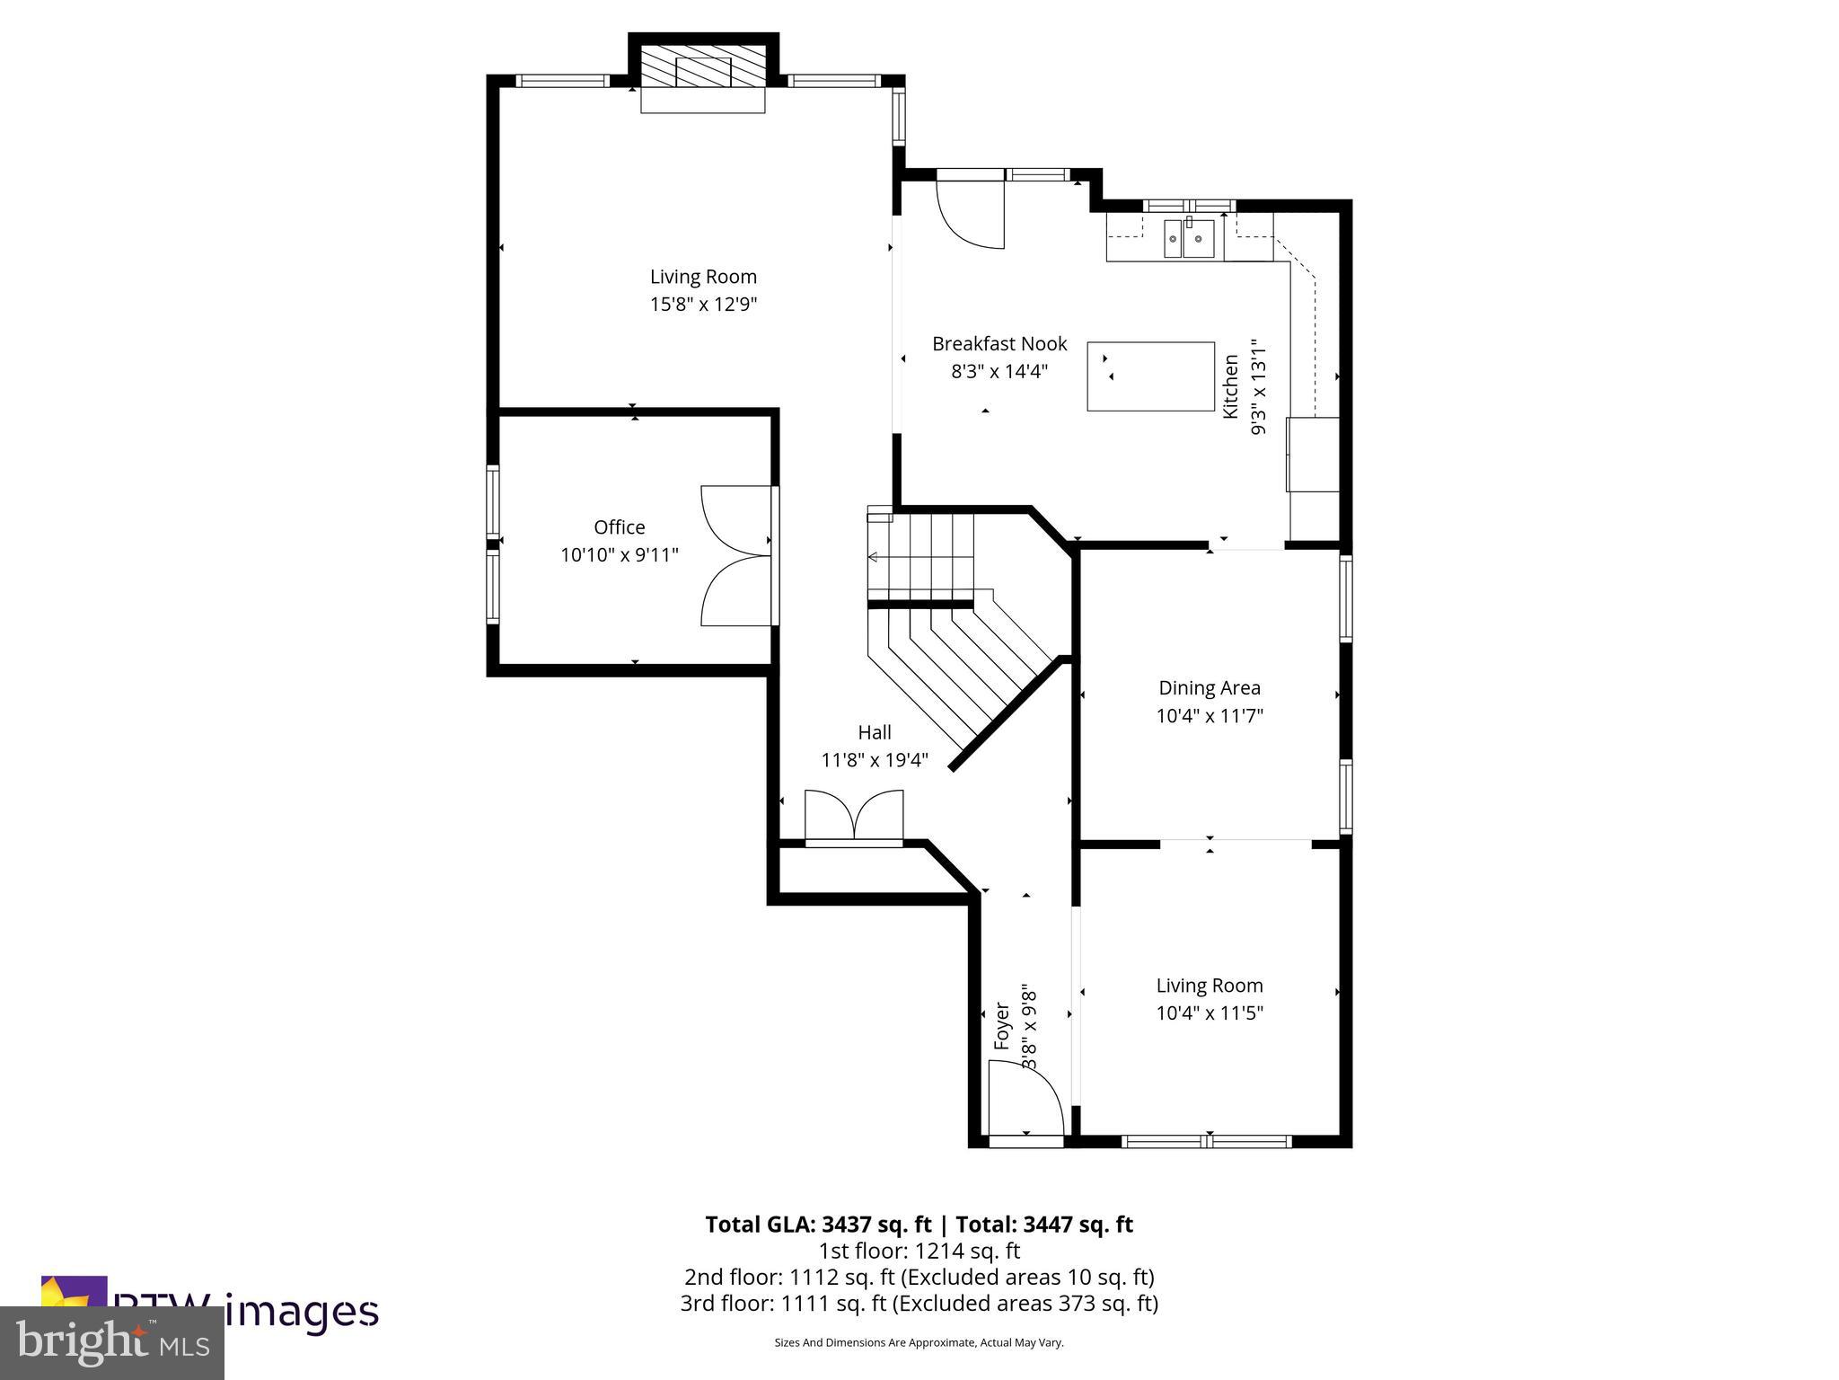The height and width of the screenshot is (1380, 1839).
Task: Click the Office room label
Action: pos(619,527)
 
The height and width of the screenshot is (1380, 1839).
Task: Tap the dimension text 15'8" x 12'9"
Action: pos(703,305)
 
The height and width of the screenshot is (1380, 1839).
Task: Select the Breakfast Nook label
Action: pos(999,343)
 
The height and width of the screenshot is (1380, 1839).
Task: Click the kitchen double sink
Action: pos(1188,239)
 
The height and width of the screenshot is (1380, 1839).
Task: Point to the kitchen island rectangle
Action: pos(1150,376)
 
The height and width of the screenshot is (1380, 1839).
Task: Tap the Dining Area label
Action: pos(1209,688)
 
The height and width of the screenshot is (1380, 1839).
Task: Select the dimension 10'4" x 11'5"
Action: pos(1209,1013)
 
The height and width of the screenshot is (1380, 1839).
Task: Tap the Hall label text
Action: pos(874,732)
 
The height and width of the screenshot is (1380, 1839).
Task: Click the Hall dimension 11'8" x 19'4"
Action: pos(874,760)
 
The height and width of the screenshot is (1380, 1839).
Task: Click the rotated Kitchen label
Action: pos(1231,386)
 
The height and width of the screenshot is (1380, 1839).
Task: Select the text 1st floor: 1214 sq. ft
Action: pos(919,1251)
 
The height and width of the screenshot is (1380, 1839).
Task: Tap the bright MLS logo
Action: pos(112,1342)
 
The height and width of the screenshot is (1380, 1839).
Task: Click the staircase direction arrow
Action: pos(873,557)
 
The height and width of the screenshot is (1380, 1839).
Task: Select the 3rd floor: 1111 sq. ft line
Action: pos(919,1303)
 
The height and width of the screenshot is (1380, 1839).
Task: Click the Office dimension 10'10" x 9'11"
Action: pos(619,555)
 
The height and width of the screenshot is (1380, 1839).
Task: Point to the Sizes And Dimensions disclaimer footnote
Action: pos(919,1342)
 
